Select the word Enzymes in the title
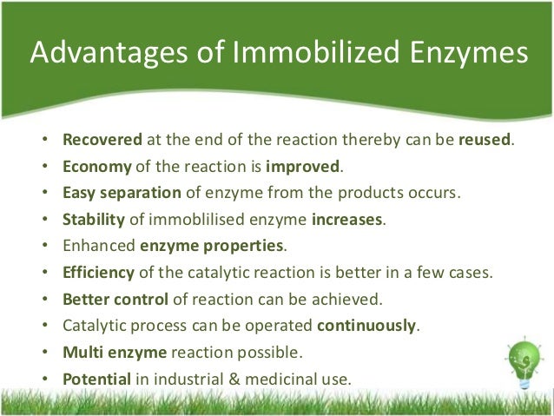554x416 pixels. pyautogui.click(x=469, y=54)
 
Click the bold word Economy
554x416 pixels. pyautogui.click(x=97, y=166)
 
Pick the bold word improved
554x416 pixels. pyautogui.click(x=305, y=166)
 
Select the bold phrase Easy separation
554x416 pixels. pyautogui.click(x=122, y=192)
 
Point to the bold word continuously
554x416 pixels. pyautogui.click(x=368, y=326)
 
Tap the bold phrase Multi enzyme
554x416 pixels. pyautogui.click(x=110, y=353)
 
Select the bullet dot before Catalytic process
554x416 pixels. pyautogui.click(x=44, y=327)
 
